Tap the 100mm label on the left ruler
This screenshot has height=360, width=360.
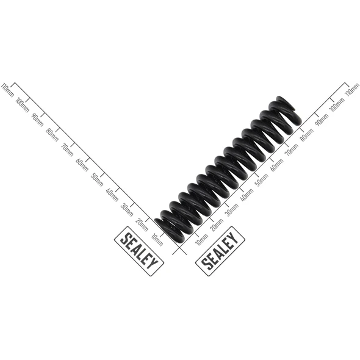[x=23, y=105]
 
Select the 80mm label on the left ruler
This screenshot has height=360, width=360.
[x=52, y=135]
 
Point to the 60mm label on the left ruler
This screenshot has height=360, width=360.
[x=82, y=165]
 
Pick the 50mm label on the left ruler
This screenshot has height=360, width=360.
[x=97, y=179]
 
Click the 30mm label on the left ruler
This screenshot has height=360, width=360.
[x=127, y=210]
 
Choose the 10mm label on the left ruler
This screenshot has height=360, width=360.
[x=157, y=240]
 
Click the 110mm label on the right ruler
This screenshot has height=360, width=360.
[x=353, y=90]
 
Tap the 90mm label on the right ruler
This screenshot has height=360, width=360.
[x=322, y=120]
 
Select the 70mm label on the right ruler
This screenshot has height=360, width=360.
[x=292, y=149]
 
